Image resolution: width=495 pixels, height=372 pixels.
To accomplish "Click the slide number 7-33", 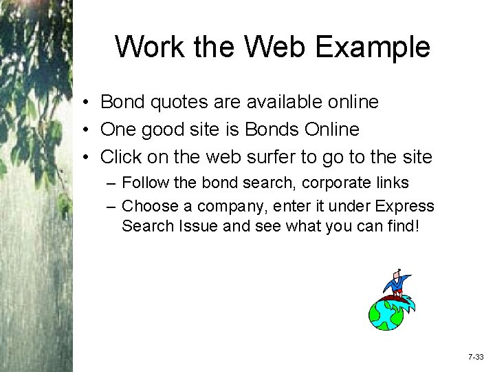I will tap(476, 357).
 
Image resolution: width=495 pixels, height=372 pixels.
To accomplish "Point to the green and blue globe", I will tap(388, 313).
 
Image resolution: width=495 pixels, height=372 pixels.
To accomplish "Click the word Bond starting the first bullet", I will tap(120, 102).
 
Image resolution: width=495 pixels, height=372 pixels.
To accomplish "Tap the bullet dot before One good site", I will tap(82, 130).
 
